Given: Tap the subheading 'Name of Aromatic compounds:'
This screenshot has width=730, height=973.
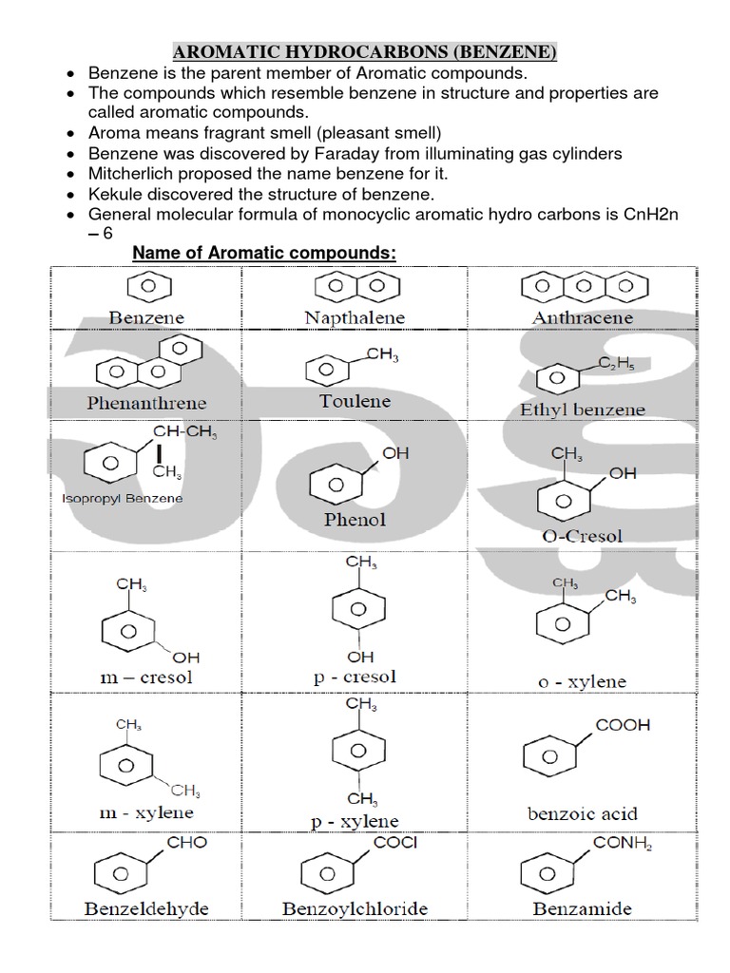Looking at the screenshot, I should point(263,254).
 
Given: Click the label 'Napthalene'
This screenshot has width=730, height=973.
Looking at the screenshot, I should point(355,317).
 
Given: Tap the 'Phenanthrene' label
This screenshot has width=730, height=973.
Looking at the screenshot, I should point(146,402).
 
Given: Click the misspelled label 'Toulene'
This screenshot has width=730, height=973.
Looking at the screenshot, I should point(355,401).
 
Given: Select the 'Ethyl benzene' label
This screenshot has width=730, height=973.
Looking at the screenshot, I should point(583,410).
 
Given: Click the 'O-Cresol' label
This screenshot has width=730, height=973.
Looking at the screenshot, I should point(583,536).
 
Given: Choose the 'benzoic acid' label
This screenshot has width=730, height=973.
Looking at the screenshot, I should point(583,813).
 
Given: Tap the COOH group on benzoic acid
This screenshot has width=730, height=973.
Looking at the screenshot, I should point(623,725).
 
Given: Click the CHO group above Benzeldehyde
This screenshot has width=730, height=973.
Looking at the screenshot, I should point(186,842).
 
